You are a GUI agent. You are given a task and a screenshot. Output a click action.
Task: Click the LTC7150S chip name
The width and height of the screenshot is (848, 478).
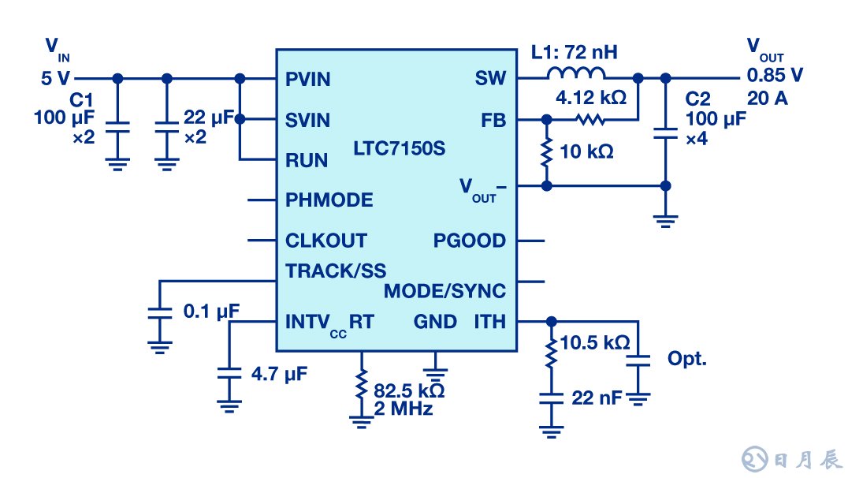tap(394, 148)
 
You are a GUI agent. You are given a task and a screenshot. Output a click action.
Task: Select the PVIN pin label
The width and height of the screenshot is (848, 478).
tap(307, 79)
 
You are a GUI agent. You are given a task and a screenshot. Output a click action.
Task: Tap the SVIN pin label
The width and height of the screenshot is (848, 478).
tap(307, 121)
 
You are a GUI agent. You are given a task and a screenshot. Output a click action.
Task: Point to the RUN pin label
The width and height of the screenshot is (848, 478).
tap(306, 160)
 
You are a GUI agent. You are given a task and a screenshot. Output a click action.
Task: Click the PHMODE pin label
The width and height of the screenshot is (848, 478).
tap(329, 200)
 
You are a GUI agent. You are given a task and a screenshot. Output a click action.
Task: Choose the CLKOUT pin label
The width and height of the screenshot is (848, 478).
tap(325, 241)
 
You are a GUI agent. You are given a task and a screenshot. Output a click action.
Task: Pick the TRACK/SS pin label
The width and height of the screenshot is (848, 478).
tap(336, 271)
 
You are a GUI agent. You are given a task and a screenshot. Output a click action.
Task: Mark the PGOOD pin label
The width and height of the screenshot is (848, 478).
tap(470, 241)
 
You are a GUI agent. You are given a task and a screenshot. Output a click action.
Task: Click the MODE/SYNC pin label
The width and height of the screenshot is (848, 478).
tap(444, 291)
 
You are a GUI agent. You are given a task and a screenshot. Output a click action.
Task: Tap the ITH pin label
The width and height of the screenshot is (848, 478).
tap(489, 321)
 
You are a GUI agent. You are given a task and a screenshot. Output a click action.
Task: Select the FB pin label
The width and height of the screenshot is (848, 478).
tap(493, 121)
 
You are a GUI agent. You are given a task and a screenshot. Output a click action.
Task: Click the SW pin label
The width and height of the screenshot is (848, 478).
tap(490, 79)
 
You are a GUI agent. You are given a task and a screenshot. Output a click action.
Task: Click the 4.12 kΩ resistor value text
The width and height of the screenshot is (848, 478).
tap(590, 100)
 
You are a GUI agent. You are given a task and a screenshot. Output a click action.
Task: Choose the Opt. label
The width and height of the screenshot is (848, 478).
tap(687, 359)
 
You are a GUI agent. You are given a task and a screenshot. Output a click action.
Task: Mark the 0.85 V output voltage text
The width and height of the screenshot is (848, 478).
tap(775, 77)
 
